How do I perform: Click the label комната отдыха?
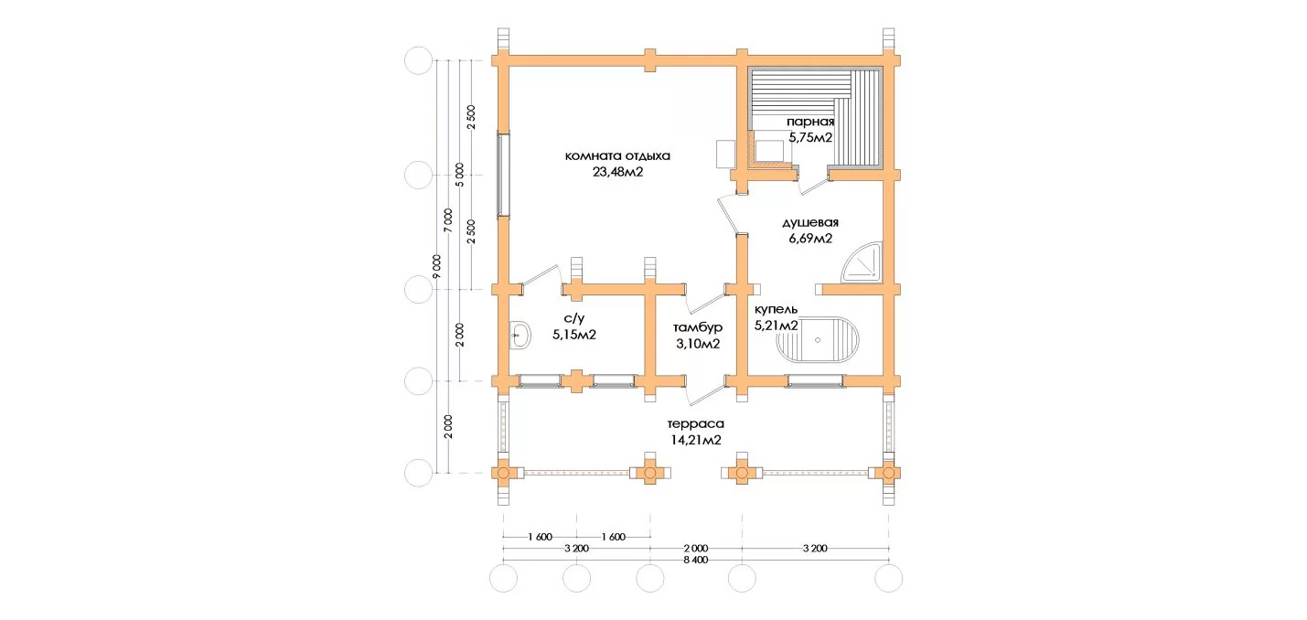617,156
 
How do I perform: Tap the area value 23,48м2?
617,172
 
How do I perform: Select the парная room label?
810,123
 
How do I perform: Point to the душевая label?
810,222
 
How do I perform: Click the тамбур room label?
698,327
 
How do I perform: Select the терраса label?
696,424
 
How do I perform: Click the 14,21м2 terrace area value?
696,441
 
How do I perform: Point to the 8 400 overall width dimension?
695,560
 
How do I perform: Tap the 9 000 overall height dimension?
437,267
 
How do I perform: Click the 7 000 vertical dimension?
448,221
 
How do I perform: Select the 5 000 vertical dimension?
460,175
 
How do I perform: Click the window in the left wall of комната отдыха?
504,175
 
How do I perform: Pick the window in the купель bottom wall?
815,381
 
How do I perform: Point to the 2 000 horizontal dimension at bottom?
695,549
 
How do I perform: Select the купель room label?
776,309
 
